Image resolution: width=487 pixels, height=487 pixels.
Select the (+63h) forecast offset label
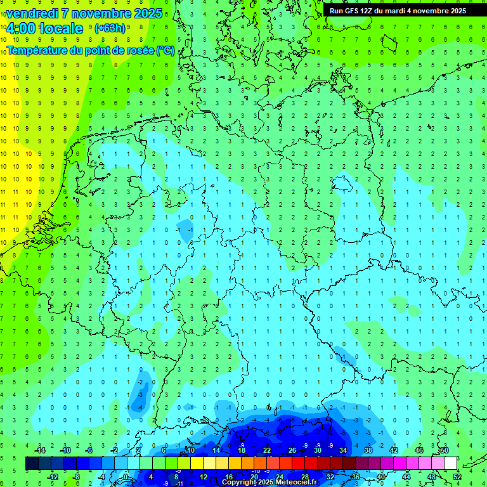(110, 29)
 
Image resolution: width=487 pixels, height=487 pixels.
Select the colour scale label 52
(457, 476)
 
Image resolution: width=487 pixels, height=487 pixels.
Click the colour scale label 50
(444, 450)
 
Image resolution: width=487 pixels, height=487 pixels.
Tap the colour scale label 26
(292, 450)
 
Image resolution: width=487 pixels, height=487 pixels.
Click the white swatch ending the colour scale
(450, 463)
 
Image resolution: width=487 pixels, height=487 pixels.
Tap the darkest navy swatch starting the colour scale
(32, 463)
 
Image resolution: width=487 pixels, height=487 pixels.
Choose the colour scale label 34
(342, 450)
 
